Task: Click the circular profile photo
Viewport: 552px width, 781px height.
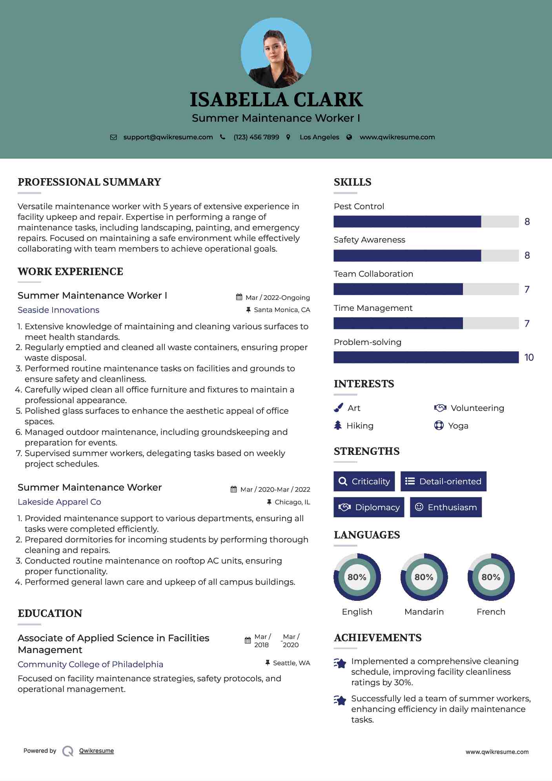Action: [x=276, y=53]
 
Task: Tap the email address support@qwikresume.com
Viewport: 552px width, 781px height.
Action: [x=168, y=137]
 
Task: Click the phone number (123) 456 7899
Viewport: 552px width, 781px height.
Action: [x=256, y=137]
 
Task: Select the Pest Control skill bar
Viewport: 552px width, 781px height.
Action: [x=426, y=221]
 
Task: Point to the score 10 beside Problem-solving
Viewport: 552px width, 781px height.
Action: [x=529, y=357]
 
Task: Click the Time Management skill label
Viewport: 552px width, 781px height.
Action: [x=373, y=308]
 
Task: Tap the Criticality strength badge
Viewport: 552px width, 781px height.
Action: [x=364, y=481]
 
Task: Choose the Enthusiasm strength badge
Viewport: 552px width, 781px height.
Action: [x=446, y=507]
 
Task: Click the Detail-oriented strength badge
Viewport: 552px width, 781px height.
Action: [x=443, y=481]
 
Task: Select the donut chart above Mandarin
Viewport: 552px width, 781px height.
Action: [x=424, y=577]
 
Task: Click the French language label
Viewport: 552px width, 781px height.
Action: [x=491, y=611]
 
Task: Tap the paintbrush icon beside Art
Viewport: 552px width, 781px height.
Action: [x=338, y=408]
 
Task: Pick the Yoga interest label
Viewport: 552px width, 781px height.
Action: [x=458, y=426]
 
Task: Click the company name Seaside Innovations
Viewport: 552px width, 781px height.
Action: [x=58, y=310]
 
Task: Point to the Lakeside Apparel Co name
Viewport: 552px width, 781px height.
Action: [x=59, y=502]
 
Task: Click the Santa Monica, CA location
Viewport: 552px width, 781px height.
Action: [x=282, y=310]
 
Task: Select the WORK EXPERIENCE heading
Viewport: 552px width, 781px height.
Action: [x=70, y=272]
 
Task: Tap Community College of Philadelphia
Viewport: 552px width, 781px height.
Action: [x=90, y=664]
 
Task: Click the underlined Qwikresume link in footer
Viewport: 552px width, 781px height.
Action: [x=97, y=751]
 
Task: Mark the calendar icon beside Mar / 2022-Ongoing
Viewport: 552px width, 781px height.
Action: [x=239, y=297]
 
